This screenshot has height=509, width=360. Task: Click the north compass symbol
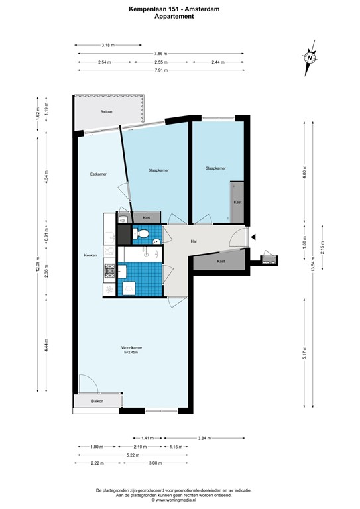[310, 57]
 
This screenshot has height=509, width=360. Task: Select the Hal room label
[194, 241]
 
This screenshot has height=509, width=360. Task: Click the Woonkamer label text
[132, 348]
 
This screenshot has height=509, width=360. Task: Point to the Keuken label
[90, 255]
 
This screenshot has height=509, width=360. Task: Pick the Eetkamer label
[99, 174]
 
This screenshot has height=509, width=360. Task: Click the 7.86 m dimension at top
[160, 54]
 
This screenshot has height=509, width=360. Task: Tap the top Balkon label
[106, 112]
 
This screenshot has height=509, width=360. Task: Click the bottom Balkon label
[97, 402]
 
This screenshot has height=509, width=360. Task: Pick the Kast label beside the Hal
[221, 262]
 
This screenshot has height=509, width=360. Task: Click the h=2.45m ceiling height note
[132, 353]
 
